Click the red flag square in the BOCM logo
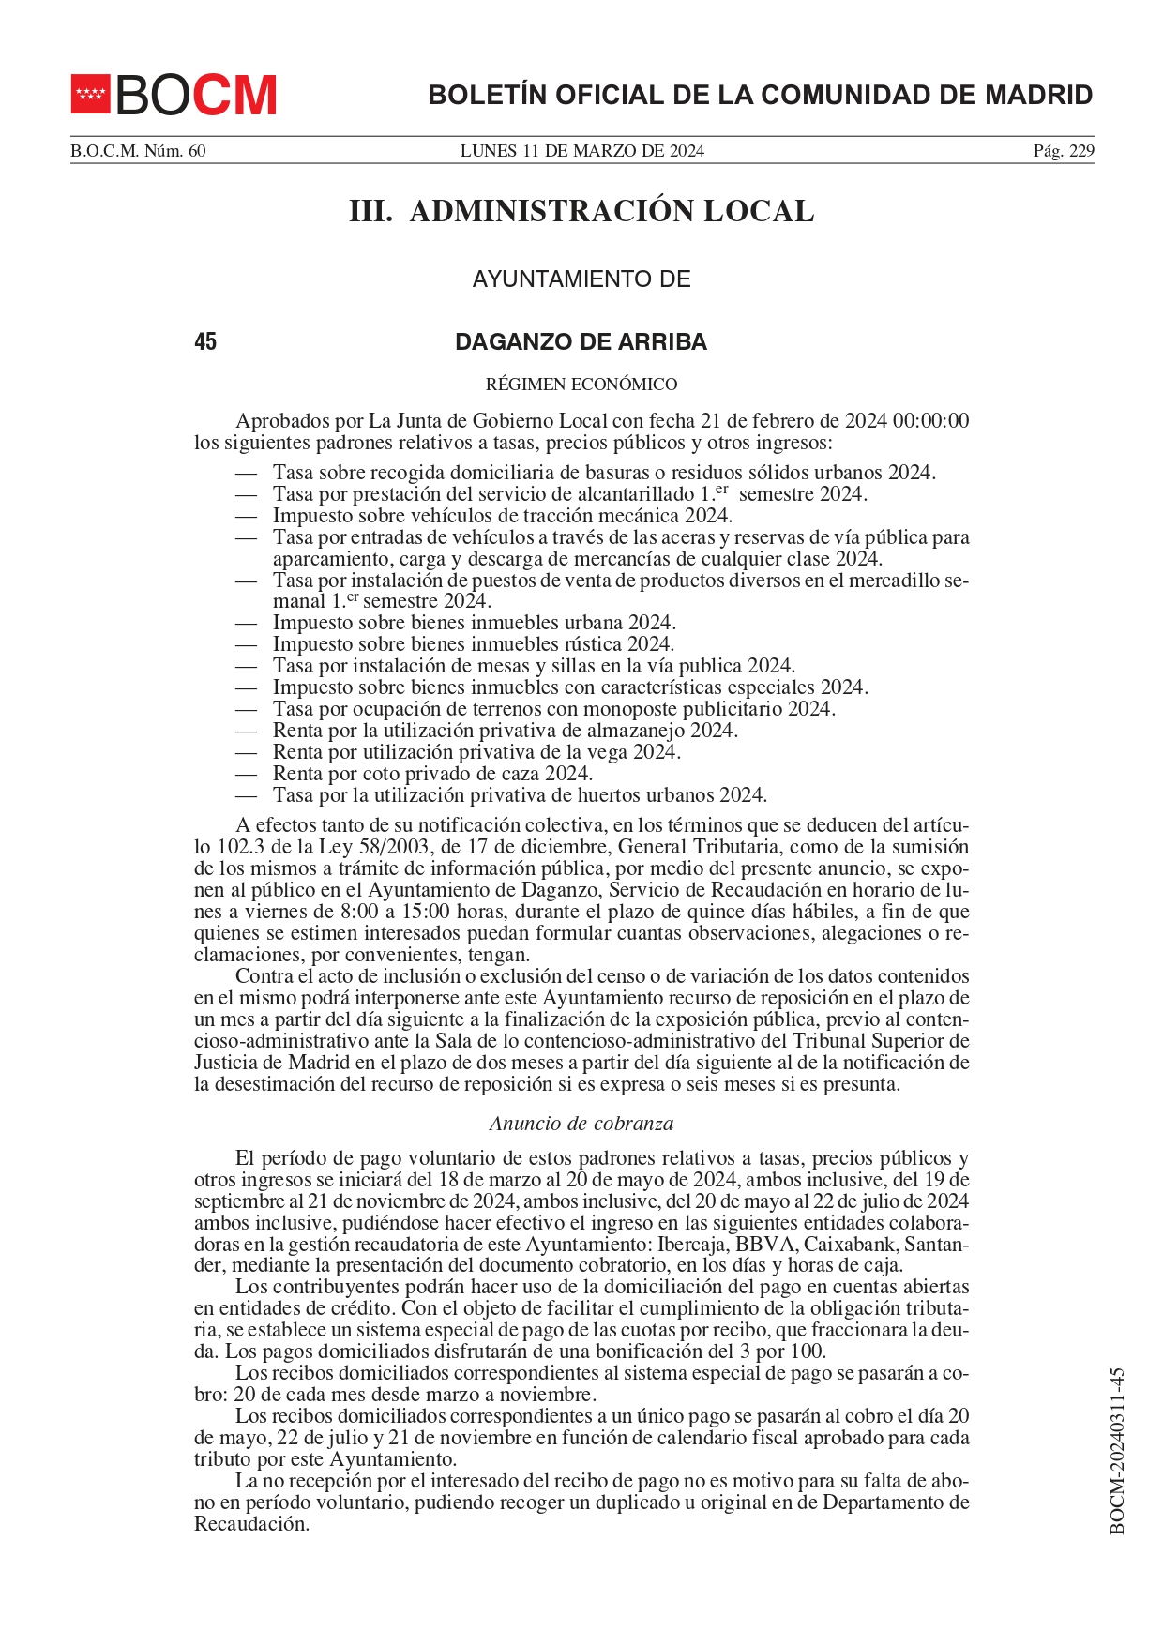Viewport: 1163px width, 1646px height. pos(91,94)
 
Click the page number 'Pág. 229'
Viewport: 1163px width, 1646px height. pos(1064,151)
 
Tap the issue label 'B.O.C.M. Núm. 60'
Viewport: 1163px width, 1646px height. pos(138,151)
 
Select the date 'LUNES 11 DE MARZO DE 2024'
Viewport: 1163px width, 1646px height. pos(581,151)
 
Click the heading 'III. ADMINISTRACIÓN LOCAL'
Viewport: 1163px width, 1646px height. pos(581,211)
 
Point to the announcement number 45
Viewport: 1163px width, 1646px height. pos(205,342)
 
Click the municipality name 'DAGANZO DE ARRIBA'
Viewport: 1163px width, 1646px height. pos(581,342)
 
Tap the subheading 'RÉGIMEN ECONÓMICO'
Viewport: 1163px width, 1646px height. pos(581,385)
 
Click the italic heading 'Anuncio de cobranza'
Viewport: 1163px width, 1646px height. pos(581,1124)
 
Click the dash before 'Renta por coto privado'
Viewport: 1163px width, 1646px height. pos(246,774)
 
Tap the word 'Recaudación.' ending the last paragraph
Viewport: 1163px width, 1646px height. pos(251,1524)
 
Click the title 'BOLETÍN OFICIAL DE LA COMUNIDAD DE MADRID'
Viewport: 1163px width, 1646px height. pos(760,95)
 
